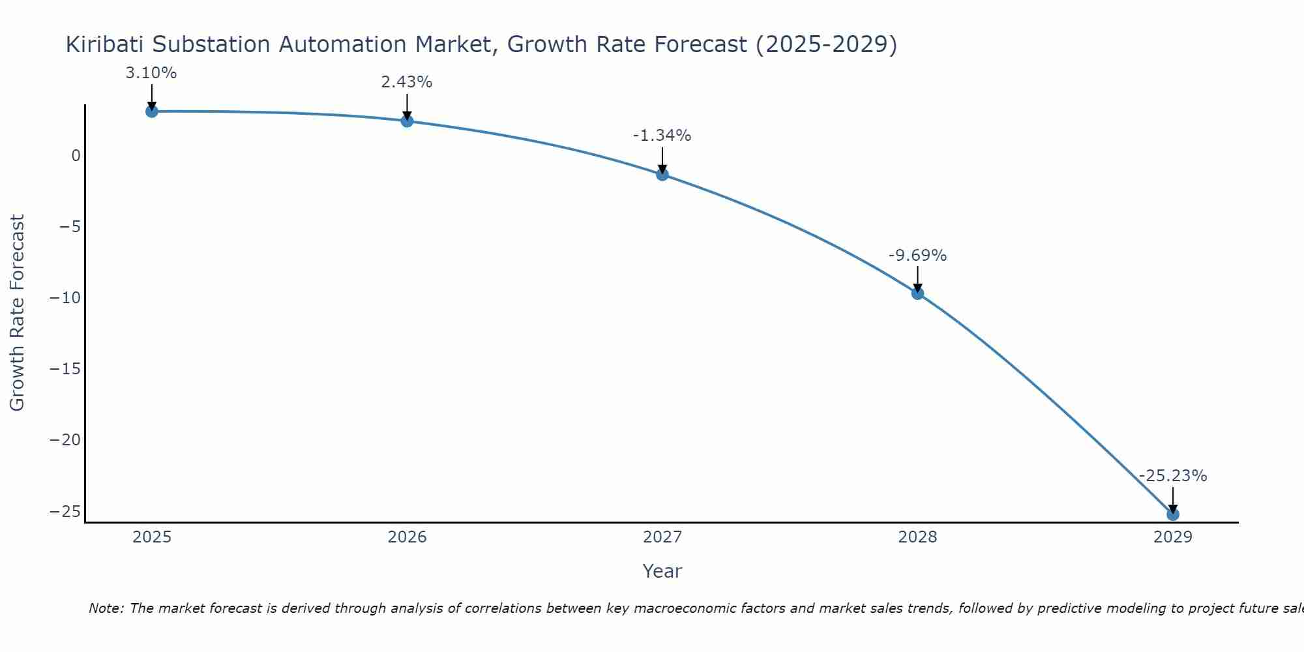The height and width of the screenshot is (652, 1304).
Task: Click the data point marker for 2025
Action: click(151, 111)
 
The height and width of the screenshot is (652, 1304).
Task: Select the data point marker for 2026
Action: click(407, 121)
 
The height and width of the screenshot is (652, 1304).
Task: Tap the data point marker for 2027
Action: click(662, 175)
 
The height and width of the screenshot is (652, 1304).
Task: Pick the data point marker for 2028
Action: click(917, 293)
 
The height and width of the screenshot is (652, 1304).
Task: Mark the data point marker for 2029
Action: click(1173, 514)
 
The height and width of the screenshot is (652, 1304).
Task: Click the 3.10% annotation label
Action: click(151, 73)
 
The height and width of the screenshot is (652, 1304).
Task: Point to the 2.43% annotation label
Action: click(407, 82)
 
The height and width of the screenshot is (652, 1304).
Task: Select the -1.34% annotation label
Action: click(662, 136)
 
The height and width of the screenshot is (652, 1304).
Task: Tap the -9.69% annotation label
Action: click(917, 256)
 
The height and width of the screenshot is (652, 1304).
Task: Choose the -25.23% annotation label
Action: click(1173, 476)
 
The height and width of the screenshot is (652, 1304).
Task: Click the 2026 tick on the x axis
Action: click(407, 537)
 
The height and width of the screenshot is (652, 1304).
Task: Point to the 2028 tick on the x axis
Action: click(917, 537)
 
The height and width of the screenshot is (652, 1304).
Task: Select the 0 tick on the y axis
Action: click(76, 156)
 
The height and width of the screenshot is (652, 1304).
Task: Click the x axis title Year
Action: click(662, 571)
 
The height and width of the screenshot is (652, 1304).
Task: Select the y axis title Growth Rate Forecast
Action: click(18, 313)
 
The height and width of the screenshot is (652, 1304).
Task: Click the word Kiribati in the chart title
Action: click(104, 44)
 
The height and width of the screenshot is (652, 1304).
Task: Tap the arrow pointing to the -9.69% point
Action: click(917, 279)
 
